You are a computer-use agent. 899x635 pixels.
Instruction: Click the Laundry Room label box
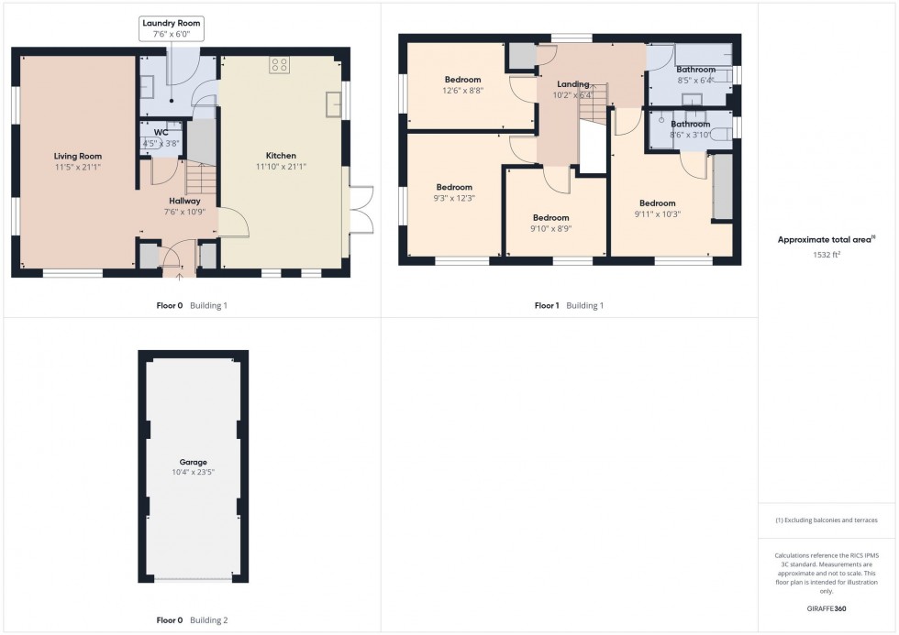[x=172, y=27]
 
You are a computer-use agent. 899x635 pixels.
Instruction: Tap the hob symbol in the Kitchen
[x=280, y=65]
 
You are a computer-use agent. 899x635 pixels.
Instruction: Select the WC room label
[x=161, y=133]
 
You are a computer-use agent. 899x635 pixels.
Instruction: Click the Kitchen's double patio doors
[x=358, y=211]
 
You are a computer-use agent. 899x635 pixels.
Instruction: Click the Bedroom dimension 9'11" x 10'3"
[x=657, y=214]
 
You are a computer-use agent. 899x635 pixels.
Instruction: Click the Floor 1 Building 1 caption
[x=569, y=305]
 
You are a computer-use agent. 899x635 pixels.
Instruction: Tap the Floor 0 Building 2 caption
[x=192, y=620]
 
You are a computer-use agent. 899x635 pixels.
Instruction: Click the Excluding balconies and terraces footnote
[x=827, y=520]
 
